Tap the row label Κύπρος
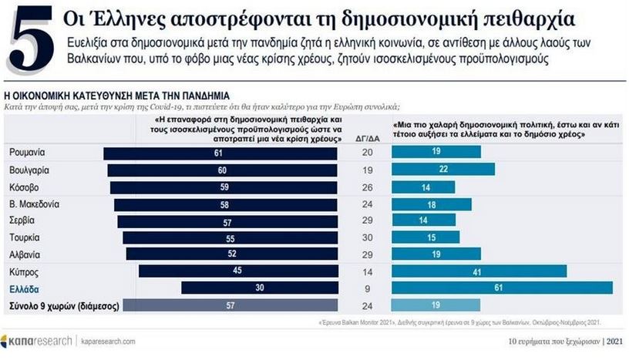coord(25,272)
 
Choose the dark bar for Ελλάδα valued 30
coord(259,288)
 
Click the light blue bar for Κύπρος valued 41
coord(479,271)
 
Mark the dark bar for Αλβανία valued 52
coord(232,254)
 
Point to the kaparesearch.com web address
coord(109,340)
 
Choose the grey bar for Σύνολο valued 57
coord(231,305)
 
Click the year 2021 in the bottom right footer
coord(617,341)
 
